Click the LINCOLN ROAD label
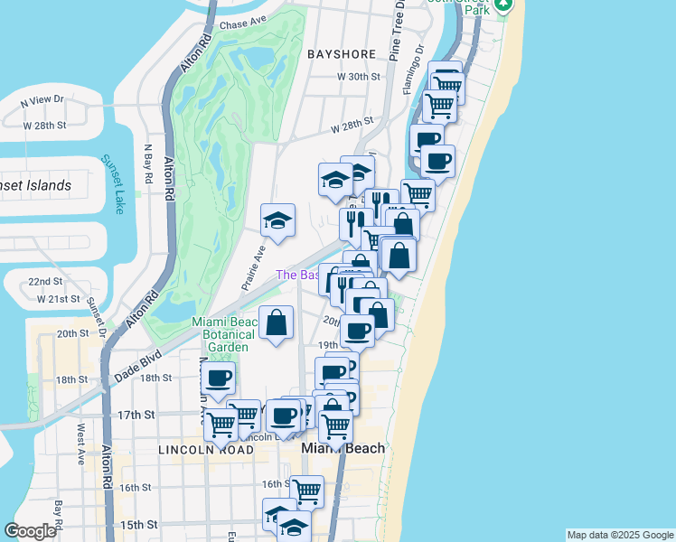[x=194, y=449]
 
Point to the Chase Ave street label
[x=245, y=23]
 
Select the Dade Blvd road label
[x=136, y=363]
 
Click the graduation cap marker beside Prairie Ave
[x=277, y=220]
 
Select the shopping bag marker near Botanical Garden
[x=276, y=322]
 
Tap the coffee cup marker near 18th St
[x=218, y=378]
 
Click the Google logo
[x=31, y=531]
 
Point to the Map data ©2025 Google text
[x=619, y=535]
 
